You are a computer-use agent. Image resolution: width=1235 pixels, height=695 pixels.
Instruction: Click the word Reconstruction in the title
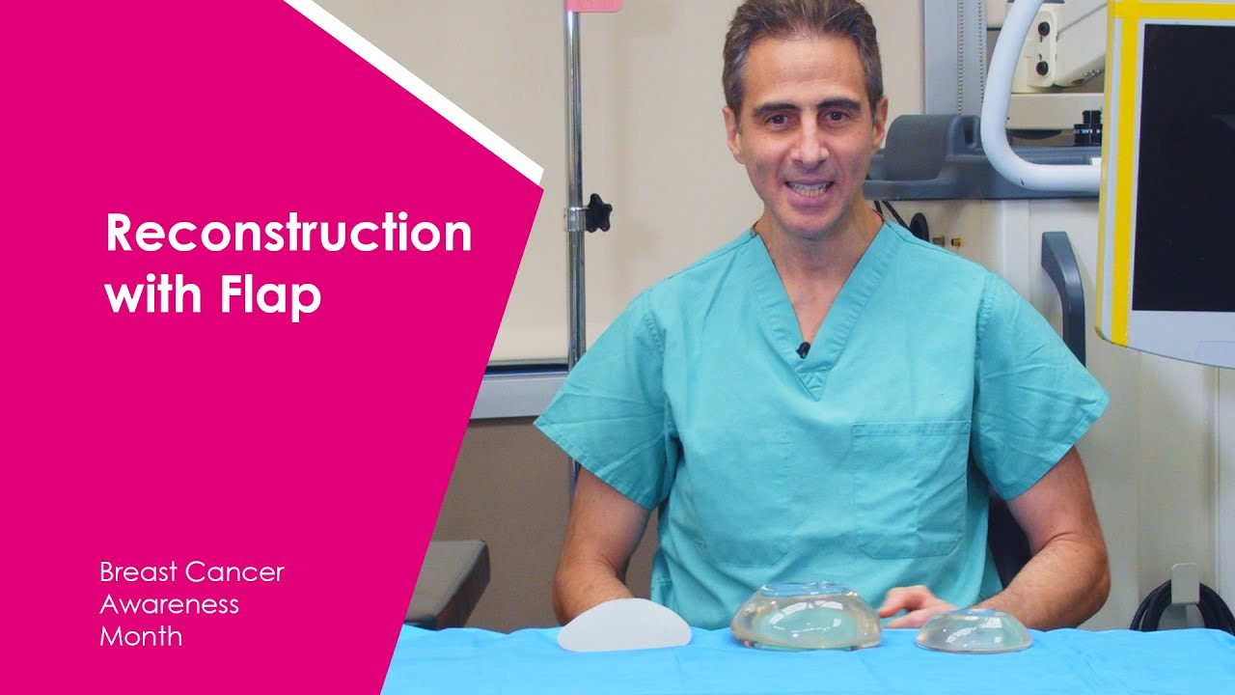pos(288,235)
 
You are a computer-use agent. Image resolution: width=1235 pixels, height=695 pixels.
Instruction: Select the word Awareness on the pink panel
pos(169,605)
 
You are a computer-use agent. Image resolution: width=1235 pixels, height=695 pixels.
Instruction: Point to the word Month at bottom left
pos(141,637)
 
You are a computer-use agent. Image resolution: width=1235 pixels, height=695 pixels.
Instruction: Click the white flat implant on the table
pos(624,626)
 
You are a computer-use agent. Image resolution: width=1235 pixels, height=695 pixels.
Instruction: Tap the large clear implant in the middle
pos(806,616)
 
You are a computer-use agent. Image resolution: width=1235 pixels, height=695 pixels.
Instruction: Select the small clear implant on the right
pos(973,629)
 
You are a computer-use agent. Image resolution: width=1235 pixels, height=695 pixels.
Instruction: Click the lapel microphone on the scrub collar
pos(803,349)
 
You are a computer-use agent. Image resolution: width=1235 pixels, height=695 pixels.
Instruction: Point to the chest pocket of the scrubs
pos(911,487)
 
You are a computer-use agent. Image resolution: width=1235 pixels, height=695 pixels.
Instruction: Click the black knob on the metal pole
pos(597,213)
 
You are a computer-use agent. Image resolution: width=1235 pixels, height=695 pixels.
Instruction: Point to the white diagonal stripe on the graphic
pos(415,87)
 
